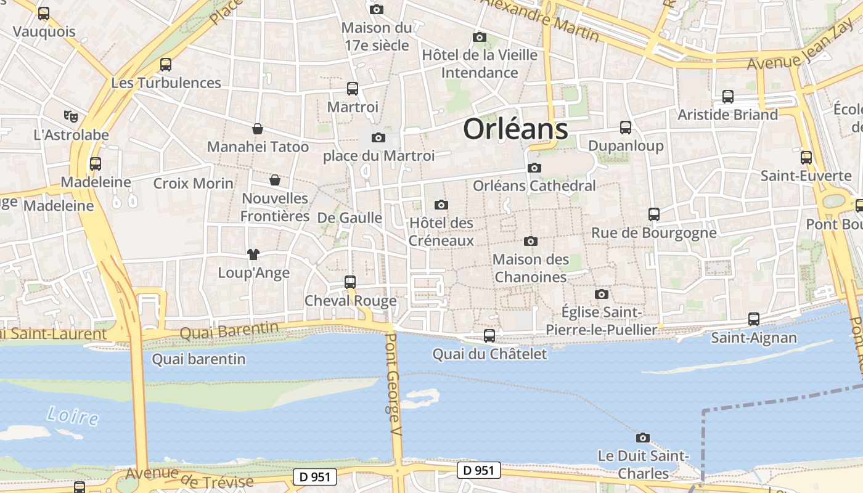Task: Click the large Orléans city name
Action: click(515, 129)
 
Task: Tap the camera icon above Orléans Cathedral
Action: click(534, 168)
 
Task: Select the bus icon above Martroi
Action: click(353, 89)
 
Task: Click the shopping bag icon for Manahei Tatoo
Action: click(258, 129)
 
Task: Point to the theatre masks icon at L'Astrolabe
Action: click(71, 116)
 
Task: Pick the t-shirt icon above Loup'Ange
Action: click(253, 254)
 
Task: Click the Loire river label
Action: click(73, 416)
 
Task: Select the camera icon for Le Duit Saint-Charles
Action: click(643, 438)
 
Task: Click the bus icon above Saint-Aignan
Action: click(754, 319)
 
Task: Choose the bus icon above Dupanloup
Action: click(626, 128)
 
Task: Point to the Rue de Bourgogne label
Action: click(654, 233)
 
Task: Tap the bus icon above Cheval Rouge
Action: click(350, 282)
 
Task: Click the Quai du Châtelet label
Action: click(489, 354)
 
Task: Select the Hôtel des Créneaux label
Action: click(441, 232)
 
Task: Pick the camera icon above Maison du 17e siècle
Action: click(377, 9)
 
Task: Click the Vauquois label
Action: click(44, 31)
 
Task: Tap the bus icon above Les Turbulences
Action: click(166, 65)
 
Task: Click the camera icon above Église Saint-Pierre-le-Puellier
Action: click(602, 294)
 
